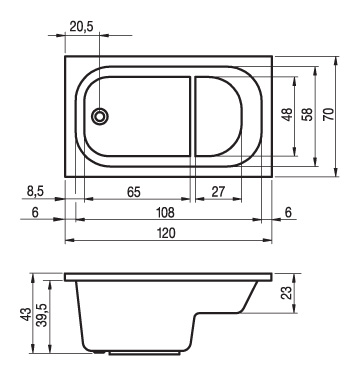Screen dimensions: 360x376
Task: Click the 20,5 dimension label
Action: click(x=82, y=27)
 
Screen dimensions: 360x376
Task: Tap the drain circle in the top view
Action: click(x=100, y=116)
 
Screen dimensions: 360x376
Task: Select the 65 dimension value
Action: click(x=134, y=192)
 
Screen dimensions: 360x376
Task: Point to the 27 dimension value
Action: click(x=218, y=192)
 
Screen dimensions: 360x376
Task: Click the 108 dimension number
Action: click(x=166, y=213)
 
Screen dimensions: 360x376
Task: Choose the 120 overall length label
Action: click(x=166, y=233)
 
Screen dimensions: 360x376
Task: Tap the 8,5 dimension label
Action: click(x=35, y=192)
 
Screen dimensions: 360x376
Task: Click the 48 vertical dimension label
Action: click(x=288, y=115)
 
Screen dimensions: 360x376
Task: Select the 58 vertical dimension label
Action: click(x=308, y=115)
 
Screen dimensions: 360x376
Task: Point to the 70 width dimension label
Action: click(x=328, y=115)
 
